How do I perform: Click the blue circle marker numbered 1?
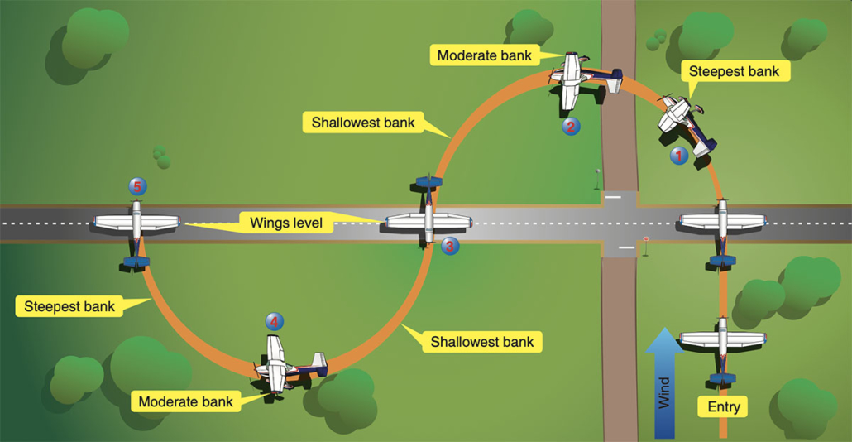coord(678,155)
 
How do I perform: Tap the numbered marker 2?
coord(570,127)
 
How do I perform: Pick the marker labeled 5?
coord(137,186)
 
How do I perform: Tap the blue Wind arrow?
coord(668,382)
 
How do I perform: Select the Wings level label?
coord(274,222)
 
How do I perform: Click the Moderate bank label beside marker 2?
coord(483,55)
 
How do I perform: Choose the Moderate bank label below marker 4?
coord(185,401)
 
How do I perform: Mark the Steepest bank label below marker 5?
coord(68,305)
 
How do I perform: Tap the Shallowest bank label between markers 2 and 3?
coord(363,123)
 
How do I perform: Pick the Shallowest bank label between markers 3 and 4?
coord(481,341)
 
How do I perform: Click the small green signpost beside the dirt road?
coord(596,175)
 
